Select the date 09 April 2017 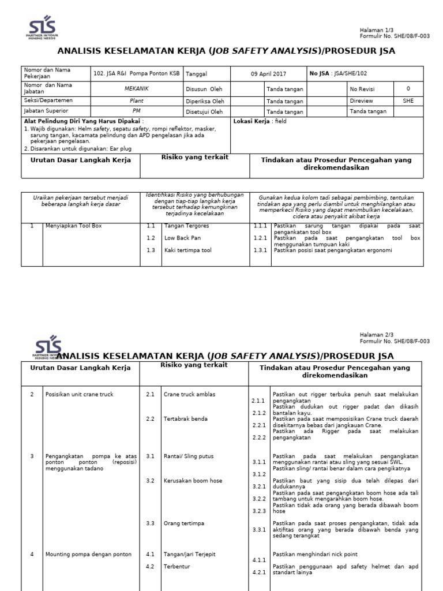[268, 74]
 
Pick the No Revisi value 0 [408, 89]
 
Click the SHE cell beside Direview [408, 100]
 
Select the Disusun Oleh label [204, 89]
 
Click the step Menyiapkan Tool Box [73, 226]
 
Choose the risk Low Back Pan [183, 238]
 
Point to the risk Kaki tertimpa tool [187, 250]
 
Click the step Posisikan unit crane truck [80, 394]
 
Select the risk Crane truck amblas [189, 394]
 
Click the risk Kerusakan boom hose [193, 480]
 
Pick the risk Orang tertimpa [184, 523]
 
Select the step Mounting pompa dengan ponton [88, 554]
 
